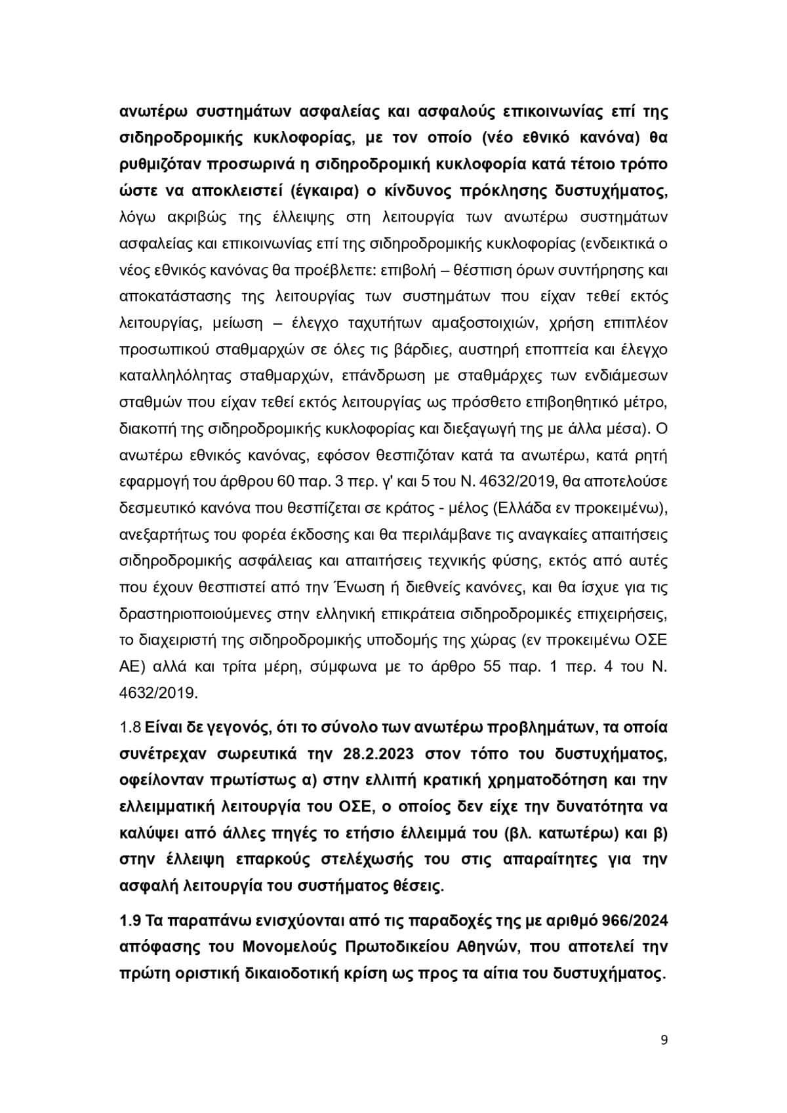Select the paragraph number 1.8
[x=130, y=728]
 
